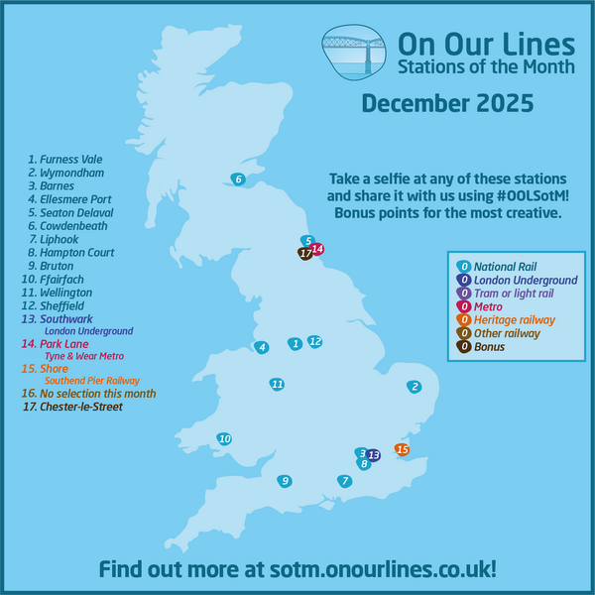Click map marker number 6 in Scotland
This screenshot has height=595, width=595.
238,179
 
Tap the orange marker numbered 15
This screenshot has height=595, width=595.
402,450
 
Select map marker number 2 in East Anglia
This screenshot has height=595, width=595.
416,387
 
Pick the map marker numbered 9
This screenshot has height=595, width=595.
285,482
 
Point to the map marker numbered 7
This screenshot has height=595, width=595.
345,482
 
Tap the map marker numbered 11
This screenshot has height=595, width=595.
278,384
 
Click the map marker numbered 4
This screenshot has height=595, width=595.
261,348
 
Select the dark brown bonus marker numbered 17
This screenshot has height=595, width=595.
305,254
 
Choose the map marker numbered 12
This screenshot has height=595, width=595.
315,342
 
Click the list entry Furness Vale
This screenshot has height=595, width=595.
65,159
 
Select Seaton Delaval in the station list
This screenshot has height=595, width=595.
70,213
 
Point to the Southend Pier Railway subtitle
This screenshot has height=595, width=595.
92,381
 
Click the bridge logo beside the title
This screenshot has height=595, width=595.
354,54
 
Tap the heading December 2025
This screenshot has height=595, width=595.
447,103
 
